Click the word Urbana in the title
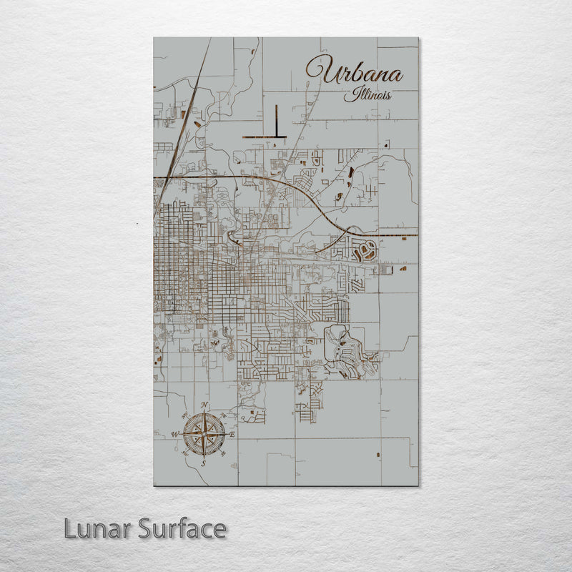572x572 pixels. pyautogui.click(x=354, y=71)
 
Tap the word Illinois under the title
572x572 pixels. pyautogui.click(x=367, y=95)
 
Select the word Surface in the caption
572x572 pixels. pyautogui.click(x=182, y=529)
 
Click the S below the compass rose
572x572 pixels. pyautogui.click(x=203, y=463)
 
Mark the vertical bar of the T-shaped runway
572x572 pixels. pyautogui.click(x=275, y=119)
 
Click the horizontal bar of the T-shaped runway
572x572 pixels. pyautogui.click(x=265, y=136)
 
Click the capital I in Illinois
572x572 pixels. pyautogui.click(x=349, y=94)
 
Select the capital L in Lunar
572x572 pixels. pyautogui.click(x=71, y=529)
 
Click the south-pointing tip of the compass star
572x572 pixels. pyautogui.click(x=204, y=455)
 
